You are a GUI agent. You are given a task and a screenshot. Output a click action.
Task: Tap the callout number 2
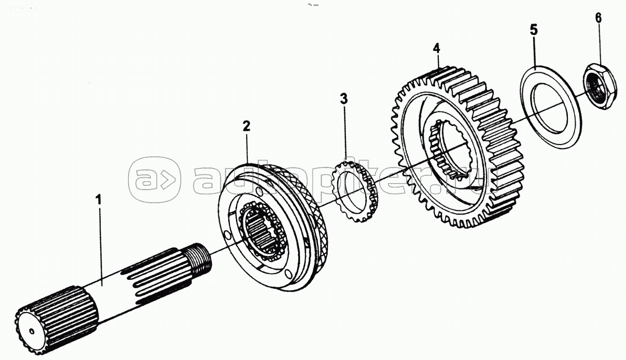pyautogui.click(x=246, y=126)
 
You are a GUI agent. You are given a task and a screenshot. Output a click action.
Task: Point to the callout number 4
pyautogui.click(x=436, y=48)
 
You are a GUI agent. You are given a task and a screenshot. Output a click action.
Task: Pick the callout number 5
pyautogui.click(x=534, y=30)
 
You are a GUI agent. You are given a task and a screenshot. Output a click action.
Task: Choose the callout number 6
pyautogui.click(x=598, y=18)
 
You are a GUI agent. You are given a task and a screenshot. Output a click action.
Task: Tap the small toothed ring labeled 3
pyautogui.click(x=355, y=191)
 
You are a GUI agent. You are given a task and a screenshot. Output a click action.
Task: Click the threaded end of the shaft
pyautogui.click(x=199, y=257)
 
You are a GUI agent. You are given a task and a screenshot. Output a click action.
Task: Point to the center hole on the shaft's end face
pyautogui.click(x=32, y=331)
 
